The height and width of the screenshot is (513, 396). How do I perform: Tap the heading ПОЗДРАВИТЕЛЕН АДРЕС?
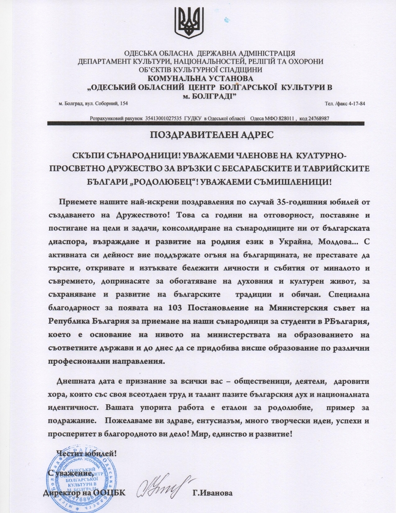pos(197,136)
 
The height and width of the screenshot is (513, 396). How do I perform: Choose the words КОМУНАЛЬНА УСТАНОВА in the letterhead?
pos(197,78)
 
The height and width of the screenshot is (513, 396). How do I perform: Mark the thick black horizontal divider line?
pos(205,124)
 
